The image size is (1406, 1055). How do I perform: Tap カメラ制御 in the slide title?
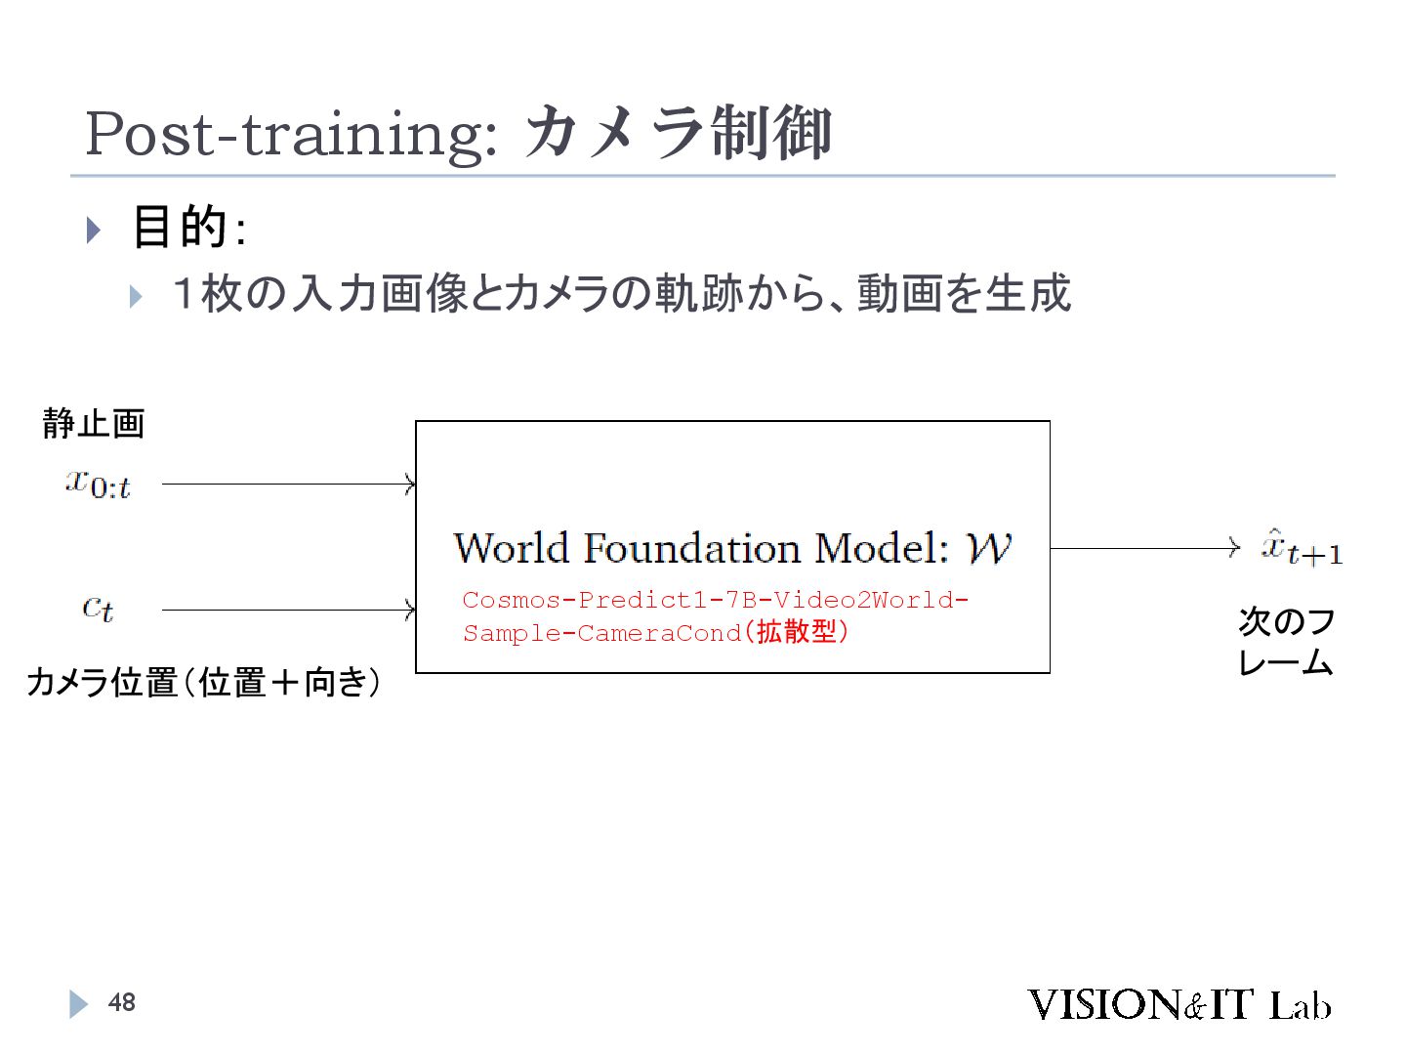point(678,133)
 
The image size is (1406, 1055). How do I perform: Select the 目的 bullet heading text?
point(180,227)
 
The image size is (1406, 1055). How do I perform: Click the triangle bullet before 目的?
point(94,231)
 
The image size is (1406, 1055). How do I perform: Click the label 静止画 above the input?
point(94,423)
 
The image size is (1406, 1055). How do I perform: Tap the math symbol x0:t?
point(98,483)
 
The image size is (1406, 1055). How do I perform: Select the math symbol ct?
point(98,609)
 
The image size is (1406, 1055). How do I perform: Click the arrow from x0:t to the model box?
point(288,484)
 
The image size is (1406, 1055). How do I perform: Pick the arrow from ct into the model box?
point(288,611)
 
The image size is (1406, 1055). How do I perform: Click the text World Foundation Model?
point(700,548)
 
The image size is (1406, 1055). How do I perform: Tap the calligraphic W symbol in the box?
point(988,548)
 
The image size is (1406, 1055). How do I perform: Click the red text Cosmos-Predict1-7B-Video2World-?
point(715,600)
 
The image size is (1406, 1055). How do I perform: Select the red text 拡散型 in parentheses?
point(796,632)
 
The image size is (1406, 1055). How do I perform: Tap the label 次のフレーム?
point(1285,642)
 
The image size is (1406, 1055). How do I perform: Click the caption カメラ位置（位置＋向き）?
point(203,682)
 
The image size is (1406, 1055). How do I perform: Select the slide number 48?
point(122,1002)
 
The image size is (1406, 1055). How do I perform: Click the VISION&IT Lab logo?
point(1179,1004)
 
